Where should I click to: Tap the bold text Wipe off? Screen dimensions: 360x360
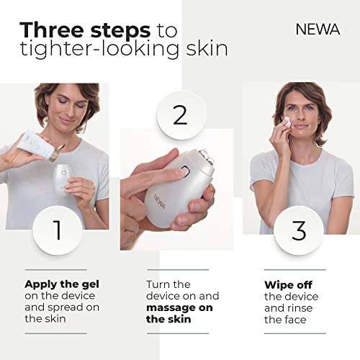coord(290,284)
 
